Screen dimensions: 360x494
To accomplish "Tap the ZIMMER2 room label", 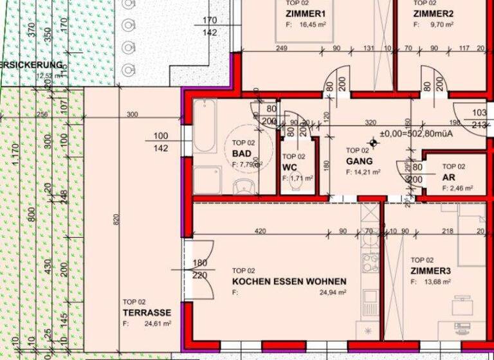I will pyautogui.click(x=434, y=14).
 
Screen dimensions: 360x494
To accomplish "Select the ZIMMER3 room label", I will pyautogui.click(x=431, y=271).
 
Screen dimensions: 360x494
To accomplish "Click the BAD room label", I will pyautogui.click(x=242, y=154).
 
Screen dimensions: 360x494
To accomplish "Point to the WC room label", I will pyautogui.click(x=289, y=167).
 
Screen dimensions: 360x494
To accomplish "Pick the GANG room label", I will pyautogui.click(x=360, y=161).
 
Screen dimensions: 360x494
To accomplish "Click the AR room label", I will pyautogui.click(x=448, y=177).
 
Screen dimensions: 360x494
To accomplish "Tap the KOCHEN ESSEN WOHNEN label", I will pyautogui.click(x=289, y=282).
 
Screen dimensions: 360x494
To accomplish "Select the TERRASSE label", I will pyautogui.click(x=147, y=313).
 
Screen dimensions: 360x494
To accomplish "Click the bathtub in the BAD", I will pyautogui.click(x=205, y=126).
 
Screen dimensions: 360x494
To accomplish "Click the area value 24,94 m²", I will pyautogui.click(x=334, y=292).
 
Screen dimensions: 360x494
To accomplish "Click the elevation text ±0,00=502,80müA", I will pyautogui.click(x=418, y=134).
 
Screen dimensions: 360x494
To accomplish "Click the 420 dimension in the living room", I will pyautogui.click(x=261, y=231).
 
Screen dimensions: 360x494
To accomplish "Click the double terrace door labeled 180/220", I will pyautogui.click(x=199, y=270).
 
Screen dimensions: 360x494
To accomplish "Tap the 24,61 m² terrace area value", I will pyautogui.click(x=158, y=325).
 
